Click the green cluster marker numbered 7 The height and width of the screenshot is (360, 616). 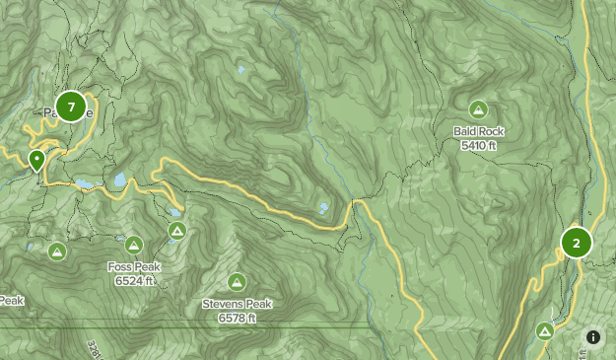71,106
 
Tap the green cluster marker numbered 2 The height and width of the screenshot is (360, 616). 576,242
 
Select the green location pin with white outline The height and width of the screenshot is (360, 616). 37,161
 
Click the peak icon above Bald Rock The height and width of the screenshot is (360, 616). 478,109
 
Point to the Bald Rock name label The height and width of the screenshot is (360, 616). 478,131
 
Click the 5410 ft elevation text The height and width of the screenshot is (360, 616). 478,145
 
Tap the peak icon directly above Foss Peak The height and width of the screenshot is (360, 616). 134,245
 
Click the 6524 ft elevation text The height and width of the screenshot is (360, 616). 133,281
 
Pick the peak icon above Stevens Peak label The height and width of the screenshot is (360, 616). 237,282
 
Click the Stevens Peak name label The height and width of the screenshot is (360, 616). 237,304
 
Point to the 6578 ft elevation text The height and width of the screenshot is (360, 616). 237,318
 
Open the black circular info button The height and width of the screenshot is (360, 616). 592,337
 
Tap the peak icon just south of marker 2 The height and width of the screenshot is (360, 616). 545,331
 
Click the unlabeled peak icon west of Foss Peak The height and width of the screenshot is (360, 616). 57,252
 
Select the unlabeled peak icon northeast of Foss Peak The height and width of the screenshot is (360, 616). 176,231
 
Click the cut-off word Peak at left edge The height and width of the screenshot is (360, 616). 11,300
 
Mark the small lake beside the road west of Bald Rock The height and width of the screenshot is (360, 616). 323,208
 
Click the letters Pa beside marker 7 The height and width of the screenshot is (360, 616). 50,113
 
